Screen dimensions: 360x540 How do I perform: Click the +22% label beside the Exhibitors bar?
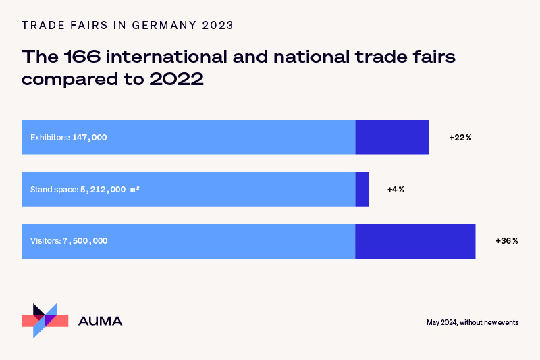pyautogui.click(x=460, y=137)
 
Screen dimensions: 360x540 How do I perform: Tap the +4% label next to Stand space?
pyautogui.click(x=396, y=189)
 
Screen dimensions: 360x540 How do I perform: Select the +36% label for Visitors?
pyautogui.click(x=506, y=241)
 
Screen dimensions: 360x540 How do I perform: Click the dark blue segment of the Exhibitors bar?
pyautogui.click(x=392, y=137)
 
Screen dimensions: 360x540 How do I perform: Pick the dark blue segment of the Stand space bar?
pyautogui.click(x=362, y=189)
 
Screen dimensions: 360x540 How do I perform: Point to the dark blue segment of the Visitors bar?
pyautogui.click(x=415, y=241)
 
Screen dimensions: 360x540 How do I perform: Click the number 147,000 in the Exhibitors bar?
pyautogui.click(x=89, y=137)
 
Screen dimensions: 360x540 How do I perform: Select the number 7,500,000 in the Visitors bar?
pyautogui.click(x=85, y=241)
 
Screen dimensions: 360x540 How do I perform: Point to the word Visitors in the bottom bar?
pyautogui.click(x=45, y=241)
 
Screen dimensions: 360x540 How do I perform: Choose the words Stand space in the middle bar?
pyautogui.click(x=54, y=189)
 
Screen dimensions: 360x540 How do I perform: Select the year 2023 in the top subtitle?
pyautogui.click(x=217, y=26)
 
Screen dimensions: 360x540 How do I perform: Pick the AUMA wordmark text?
pyautogui.click(x=101, y=322)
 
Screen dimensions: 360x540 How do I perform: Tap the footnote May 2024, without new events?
pyautogui.click(x=473, y=322)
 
